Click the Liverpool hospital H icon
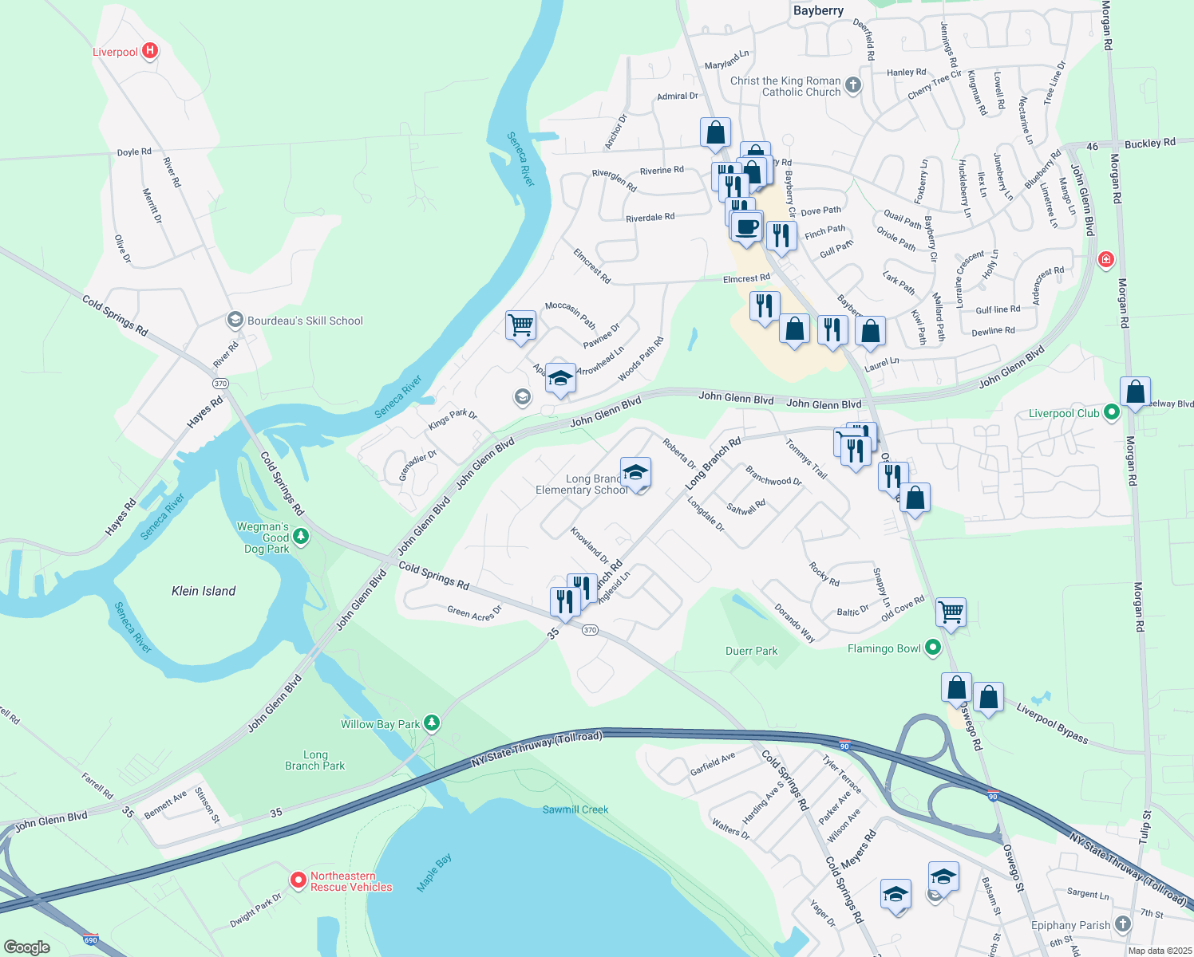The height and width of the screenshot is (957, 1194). pyautogui.click(x=149, y=51)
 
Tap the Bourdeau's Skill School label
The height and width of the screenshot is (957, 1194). pyautogui.click(x=305, y=321)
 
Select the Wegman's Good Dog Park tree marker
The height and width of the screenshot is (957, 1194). pyautogui.click(x=301, y=537)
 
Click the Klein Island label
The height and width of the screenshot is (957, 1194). pyautogui.click(x=204, y=591)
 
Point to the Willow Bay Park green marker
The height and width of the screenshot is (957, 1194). pyautogui.click(x=432, y=723)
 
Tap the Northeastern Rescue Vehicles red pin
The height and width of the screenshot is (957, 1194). pyautogui.click(x=298, y=880)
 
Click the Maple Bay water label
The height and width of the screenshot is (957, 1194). pyautogui.click(x=434, y=872)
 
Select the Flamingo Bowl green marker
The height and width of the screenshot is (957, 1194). pyautogui.click(x=932, y=648)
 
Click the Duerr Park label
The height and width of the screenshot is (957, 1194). pyautogui.click(x=751, y=651)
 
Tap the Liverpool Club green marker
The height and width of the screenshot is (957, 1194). pyautogui.click(x=1111, y=412)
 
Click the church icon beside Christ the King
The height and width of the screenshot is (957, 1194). pyautogui.click(x=853, y=85)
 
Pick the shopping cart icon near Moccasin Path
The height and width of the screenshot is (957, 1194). pyautogui.click(x=520, y=325)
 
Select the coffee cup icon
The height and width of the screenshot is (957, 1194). pyautogui.click(x=747, y=226)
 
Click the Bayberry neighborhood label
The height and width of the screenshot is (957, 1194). pyautogui.click(x=818, y=10)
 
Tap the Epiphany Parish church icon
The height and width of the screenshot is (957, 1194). pyautogui.click(x=1123, y=924)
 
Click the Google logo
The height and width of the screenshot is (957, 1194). pyautogui.click(x=27, y=947)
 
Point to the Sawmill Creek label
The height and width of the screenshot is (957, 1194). pyautogui.click(x=575, y=809)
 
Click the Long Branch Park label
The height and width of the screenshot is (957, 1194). pyautogui.click(x=315, y=760)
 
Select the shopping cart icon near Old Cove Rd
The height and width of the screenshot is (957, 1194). pyautogui.click(x=951, y=612)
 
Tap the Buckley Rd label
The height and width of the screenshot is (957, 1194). pyautogui.click(x=1149, y=144)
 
